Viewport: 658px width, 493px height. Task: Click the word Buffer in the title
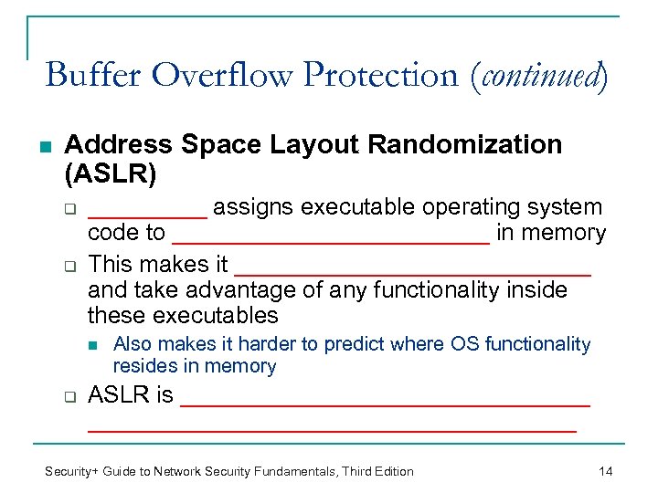94,74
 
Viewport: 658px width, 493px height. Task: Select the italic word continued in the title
537,74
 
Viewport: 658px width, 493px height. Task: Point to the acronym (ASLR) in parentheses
111,172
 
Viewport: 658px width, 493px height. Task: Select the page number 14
605,471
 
